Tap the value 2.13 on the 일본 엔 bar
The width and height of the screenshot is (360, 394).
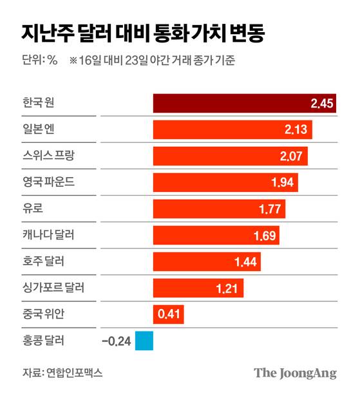click(x=298, y=130)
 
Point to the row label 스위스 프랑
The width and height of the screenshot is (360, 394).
click(x=48, y=156)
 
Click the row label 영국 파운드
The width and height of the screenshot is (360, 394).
click(x=48, y=182)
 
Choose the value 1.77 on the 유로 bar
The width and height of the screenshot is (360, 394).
click(x=270, y=209)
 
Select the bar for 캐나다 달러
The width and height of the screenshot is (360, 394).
click(x=215, y=235)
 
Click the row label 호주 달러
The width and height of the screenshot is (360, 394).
click(x=43, y=261)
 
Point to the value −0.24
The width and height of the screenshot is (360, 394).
click(x=117, y=341)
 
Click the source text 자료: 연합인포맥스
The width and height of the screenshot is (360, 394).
click(x=62, y=373)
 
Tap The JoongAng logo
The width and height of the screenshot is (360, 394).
click(x=295, y=373)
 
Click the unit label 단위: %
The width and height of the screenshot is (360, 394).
click(x=40, y=61)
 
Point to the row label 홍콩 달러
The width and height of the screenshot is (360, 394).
click(x=43, y=341)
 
